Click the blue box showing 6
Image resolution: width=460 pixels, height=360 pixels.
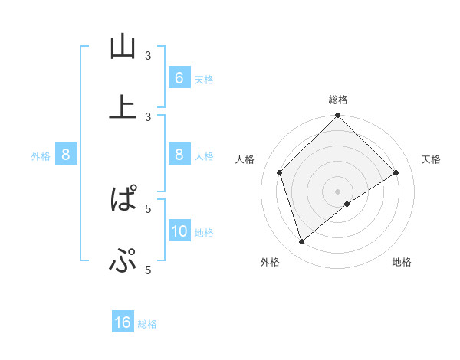tap(179, 78)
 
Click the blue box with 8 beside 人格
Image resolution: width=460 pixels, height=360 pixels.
tap(179, 155)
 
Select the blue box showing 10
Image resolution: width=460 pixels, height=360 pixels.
tap(179, 231)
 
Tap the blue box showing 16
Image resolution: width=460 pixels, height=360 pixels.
tap(123, 322)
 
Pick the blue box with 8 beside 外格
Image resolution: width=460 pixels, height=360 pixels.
tap(66, 155)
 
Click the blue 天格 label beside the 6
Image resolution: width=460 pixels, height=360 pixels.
tap(204, 80)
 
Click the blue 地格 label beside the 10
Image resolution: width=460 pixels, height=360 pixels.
tap(204, 233)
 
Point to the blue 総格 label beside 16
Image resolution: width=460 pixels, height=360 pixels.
tap(147, 324)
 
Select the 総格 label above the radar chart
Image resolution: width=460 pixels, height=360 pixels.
tap(338, 100)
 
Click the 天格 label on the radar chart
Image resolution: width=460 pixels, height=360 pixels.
tap(431, 159)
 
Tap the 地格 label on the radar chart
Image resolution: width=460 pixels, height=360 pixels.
tap(402, 262)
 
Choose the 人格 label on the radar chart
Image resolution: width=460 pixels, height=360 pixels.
tap(245, 159)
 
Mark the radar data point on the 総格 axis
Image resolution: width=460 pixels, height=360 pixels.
tap(338, 116)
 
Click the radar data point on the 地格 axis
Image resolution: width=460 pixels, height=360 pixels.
tap(347, 204)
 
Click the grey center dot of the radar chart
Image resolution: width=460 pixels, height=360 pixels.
tap(338, 191)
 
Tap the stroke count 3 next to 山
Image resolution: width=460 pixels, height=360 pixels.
tap(149, 55)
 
